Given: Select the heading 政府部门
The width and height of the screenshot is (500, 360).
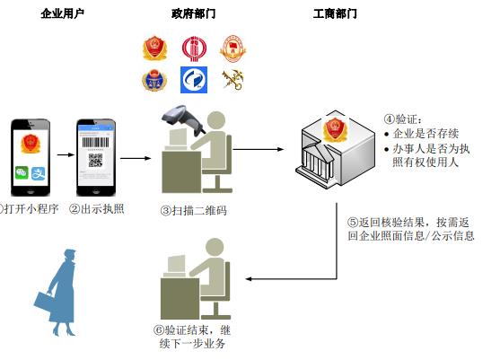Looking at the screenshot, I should pos(193,14).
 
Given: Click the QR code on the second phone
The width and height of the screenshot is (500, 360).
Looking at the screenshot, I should pos(96,162).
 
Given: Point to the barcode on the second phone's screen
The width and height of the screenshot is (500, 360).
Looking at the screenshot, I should pos(96,140).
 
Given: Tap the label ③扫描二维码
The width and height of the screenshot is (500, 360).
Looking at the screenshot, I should pos(192,210).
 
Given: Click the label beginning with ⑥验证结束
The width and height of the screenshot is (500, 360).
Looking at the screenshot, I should pos(192,336).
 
